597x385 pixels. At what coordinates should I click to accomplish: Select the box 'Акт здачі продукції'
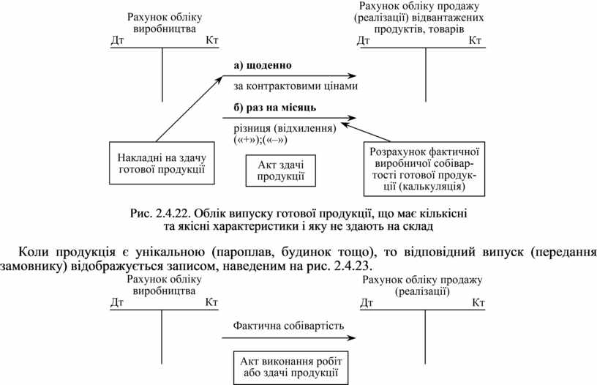coord(276,171)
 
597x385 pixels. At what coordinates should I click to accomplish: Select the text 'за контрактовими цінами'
coord(296,86)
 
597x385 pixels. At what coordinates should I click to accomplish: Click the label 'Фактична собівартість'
coord(288,325)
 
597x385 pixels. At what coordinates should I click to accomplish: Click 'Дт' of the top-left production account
coord(117,40)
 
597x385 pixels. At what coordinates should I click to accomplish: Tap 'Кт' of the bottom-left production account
coord(212,302)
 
